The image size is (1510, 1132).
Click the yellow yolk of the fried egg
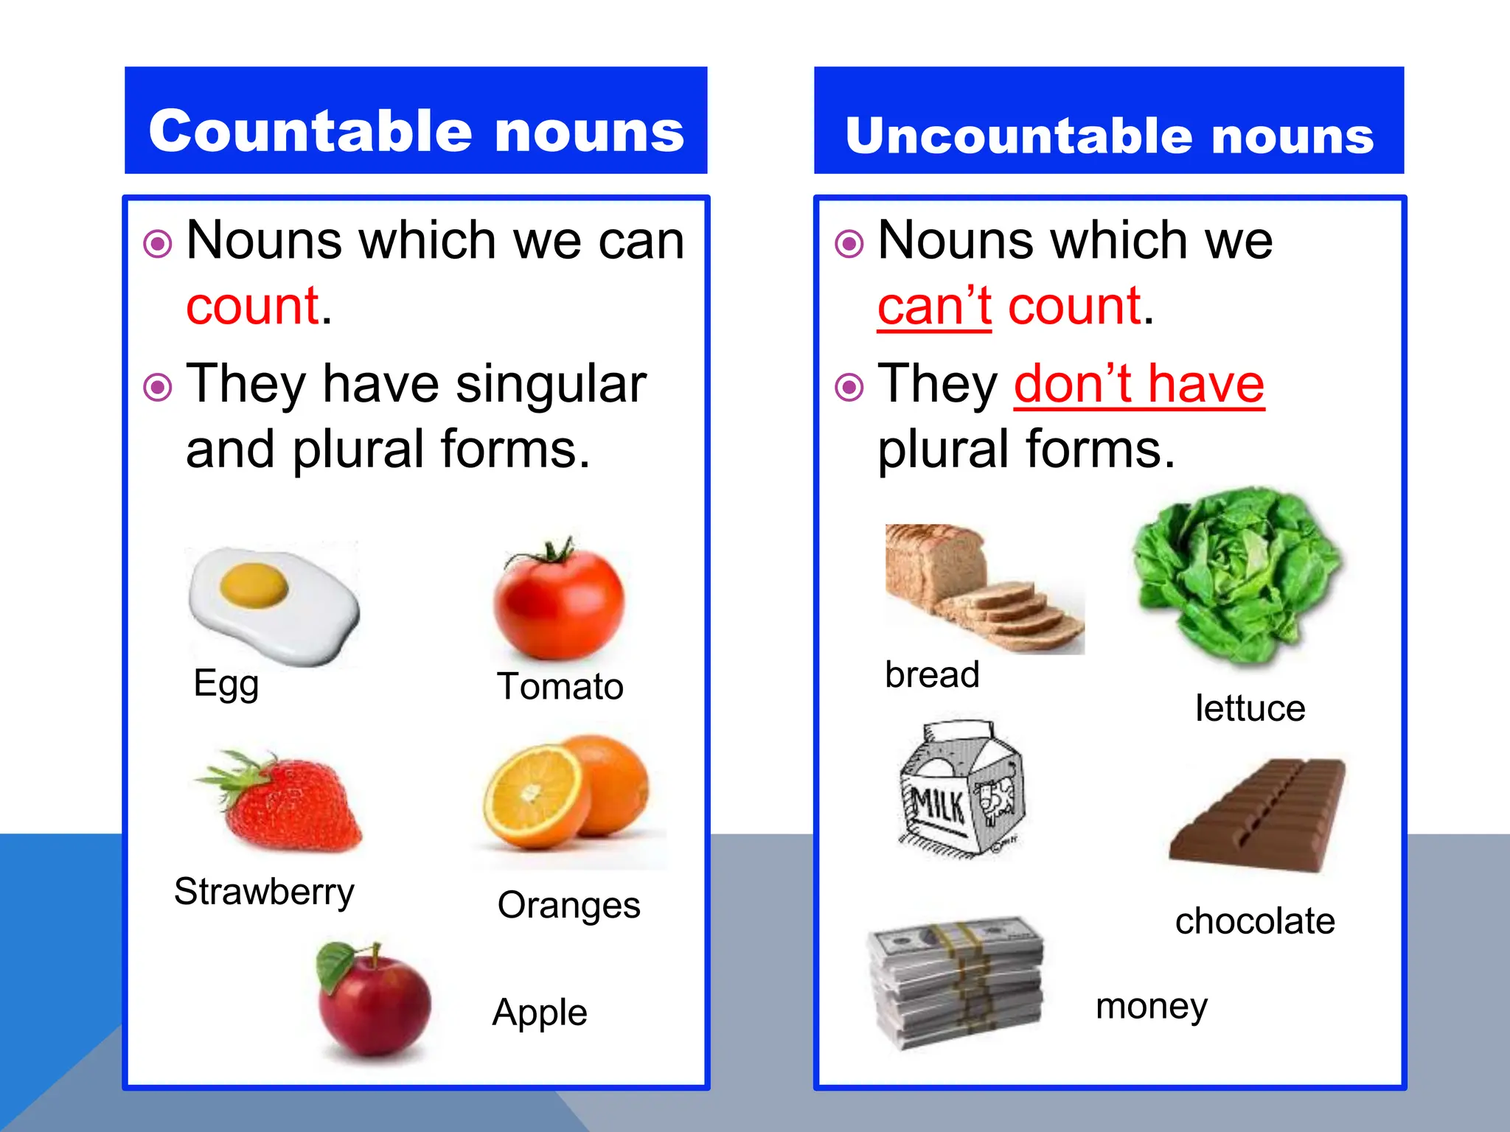254,585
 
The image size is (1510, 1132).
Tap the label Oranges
568,905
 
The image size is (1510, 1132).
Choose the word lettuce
1250,708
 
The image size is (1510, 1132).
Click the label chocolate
1255,921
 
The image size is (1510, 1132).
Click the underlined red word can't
933,306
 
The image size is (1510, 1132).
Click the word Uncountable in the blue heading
1022,136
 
